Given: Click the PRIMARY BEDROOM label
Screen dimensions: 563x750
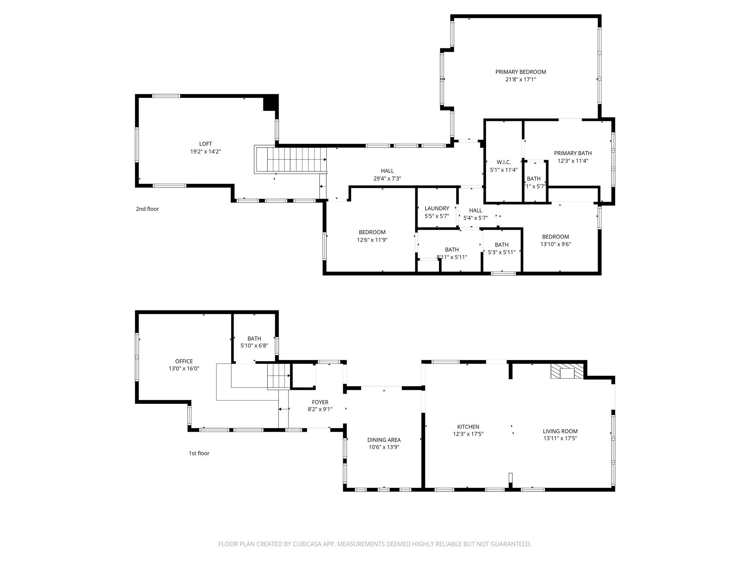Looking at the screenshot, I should (x=520, y=72).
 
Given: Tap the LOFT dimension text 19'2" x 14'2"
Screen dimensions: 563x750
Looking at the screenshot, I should (x=205, y=151).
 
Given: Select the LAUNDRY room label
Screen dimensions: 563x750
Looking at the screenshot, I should (x=437, y=208).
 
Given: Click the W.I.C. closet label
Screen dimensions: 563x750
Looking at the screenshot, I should (x=504, y=162).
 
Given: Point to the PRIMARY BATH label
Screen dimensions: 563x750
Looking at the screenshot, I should (x=572, y=153).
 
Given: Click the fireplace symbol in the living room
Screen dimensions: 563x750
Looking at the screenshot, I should (x=567, y=371).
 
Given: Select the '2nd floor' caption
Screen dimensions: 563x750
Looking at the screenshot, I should (x=147, y=209).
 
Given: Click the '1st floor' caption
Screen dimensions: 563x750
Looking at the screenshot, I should (x=199, y=453).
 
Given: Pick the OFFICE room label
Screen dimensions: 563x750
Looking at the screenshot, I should (x=184, y=361).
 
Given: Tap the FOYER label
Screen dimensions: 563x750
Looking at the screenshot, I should (x=320, y=402).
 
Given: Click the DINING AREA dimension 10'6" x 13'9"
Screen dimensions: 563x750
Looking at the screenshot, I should (x=384, y=447).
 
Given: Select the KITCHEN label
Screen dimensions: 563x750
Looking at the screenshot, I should (x=468, y=427).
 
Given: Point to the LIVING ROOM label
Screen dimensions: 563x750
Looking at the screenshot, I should (x=560, y=431).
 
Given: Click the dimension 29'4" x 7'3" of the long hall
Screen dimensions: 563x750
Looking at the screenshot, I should (x=387, y=179).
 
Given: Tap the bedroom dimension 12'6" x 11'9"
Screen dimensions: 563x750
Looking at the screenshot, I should (x=372, y=240).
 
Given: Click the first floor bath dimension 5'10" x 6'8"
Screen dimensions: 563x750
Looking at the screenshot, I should (x=254, y=346).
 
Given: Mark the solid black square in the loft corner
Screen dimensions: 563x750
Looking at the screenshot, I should (x=270, y=103).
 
